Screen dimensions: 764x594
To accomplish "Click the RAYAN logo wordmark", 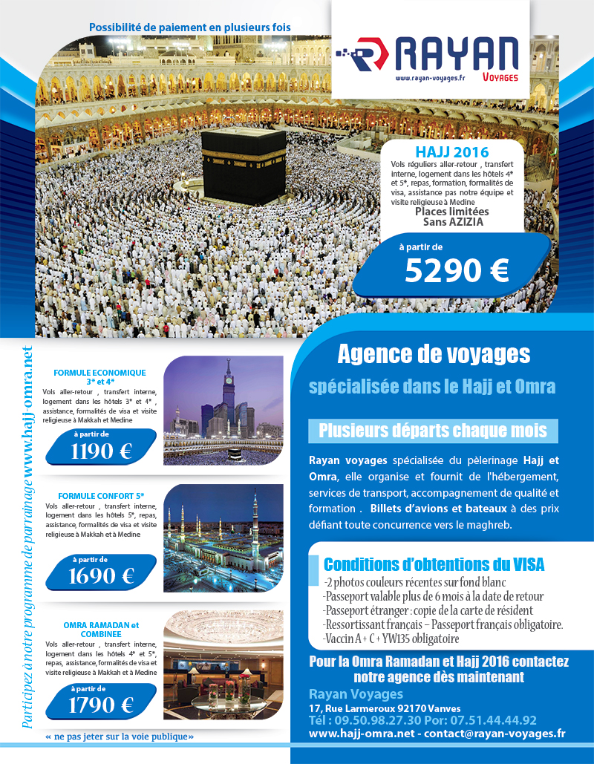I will coord(456,54).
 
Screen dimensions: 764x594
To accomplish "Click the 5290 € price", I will coord(457,271).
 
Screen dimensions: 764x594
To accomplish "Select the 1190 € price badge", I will coord(102,450).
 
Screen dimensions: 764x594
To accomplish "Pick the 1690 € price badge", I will coord(102,575).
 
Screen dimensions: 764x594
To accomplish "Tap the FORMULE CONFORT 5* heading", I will coord(99,495).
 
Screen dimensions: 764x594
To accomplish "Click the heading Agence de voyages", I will coord(434,354).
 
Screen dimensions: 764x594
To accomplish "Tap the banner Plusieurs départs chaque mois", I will coord(433,431).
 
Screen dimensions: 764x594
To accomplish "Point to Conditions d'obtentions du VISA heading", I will coord(434,564).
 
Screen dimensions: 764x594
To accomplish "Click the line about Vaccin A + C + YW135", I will coord(391,638).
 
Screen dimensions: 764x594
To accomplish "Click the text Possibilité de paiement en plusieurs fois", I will coord(189,27).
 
